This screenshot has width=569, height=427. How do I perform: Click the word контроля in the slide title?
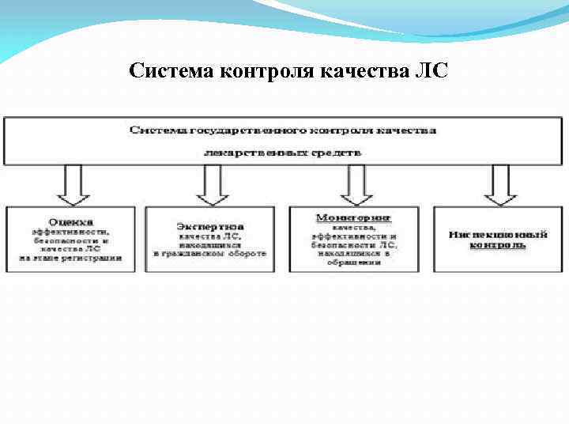click(x=259, y=72)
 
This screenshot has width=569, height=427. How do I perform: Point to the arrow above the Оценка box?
click(x=73, y=185)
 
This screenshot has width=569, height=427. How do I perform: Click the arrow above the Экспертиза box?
click(x=212, y=185)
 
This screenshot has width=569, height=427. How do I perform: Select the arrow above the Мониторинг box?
click(x=356, y=185)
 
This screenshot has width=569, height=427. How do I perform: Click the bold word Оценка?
click(x=71, y=222)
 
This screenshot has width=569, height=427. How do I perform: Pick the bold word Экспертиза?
click(x=209, y=227)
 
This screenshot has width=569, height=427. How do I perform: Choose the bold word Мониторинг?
click(x=354, y=216)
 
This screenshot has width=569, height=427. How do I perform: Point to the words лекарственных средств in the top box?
click(x=282, y=152)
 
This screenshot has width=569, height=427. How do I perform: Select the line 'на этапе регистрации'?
click(x=71, y=258)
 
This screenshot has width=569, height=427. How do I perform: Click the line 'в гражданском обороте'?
click(x=210, y=254)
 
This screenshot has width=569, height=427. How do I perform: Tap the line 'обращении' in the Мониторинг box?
click(x=354, y=263)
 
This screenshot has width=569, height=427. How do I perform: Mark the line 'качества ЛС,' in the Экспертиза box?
click(x=209, y=236)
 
